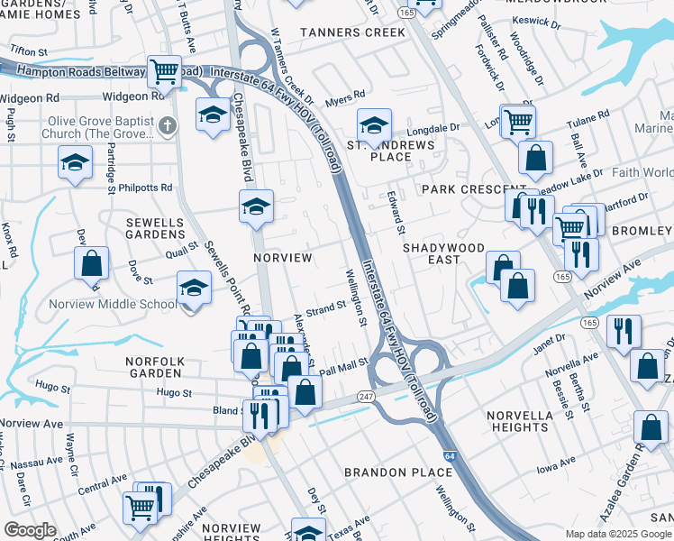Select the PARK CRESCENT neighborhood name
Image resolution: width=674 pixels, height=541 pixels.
pos(460,190)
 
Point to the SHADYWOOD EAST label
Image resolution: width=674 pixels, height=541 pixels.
pos(443,253)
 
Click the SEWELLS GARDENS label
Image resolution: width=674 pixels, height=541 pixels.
pos(155,229)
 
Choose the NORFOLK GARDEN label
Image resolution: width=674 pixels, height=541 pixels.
pos(155,368)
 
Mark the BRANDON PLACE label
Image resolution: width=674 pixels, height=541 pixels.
pos(399,472)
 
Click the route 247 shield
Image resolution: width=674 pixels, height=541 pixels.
pos(365,397)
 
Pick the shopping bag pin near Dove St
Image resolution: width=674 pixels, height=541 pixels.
pos(92,264)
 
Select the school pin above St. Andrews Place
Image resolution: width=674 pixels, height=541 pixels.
pos(374,125)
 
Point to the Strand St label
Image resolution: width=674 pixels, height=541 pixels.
pos(327,307)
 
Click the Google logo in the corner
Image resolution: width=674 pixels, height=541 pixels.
pos(30,530)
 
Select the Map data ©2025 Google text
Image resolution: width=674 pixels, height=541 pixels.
pos(618,534)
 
